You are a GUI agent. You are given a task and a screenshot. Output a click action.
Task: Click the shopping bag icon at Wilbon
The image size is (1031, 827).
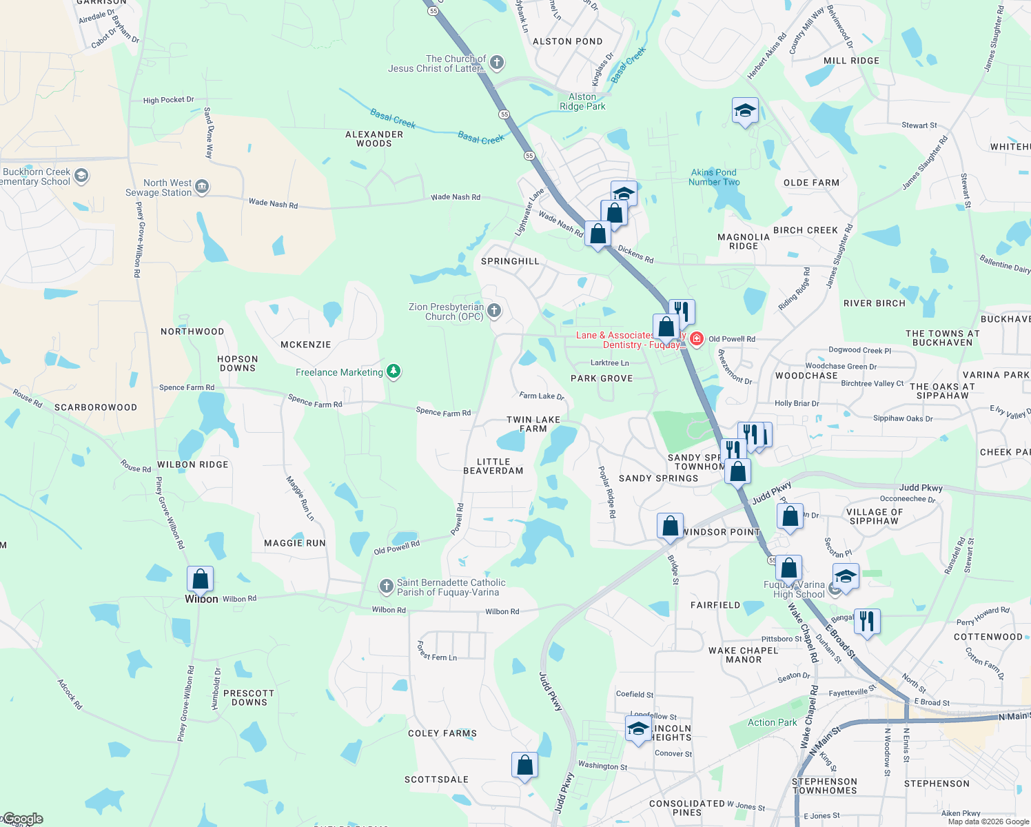(200, 579)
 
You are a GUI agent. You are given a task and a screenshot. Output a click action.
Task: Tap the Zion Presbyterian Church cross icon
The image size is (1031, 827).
(494, 311)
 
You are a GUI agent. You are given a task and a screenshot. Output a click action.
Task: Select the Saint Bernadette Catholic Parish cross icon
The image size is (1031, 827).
(386, 586)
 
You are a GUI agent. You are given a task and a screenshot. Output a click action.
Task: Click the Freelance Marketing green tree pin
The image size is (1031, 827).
(394, 372)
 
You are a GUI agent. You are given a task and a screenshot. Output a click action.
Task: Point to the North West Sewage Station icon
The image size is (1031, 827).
(202, 187)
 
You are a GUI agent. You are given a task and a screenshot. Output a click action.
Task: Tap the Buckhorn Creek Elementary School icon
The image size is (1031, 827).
(81, 176)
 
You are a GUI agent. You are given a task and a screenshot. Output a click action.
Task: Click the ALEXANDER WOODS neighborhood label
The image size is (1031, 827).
(374, 139)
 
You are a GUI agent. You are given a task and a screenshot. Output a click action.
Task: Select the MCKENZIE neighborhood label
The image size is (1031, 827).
(306, 345)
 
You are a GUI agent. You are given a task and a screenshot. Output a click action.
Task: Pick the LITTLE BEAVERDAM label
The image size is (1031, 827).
(493, 467)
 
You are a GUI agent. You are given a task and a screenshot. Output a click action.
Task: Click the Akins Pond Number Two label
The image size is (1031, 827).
(714, 177)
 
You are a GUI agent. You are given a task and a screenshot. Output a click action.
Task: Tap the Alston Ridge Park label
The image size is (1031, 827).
(582, 102)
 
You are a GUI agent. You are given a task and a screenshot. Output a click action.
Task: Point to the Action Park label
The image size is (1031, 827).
(772, 722)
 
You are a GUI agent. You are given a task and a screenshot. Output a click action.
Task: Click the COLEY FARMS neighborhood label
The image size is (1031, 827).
(442, 733)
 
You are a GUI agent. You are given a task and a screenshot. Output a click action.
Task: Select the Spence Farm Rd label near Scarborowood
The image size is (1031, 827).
(187, 387)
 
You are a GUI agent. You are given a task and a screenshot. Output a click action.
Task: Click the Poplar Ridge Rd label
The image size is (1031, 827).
(607, 492)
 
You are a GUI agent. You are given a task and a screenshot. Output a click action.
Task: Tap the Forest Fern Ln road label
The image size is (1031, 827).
(437, 651)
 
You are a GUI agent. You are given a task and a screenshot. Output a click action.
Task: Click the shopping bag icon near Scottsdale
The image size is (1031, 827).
(524, 765)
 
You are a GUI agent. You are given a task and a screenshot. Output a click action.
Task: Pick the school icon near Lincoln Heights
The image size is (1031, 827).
(638, 728)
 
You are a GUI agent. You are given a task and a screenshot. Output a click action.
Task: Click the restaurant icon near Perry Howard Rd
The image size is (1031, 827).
(866, 622)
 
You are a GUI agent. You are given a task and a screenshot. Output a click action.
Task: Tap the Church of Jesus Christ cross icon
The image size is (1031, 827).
(497, 63)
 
